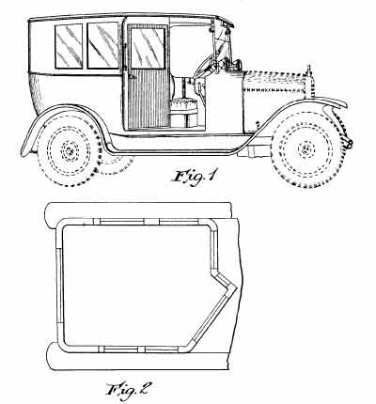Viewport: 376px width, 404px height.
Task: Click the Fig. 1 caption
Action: pyautogui.click(x=194, y=178)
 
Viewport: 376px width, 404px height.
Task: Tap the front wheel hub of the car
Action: pyautogui.click(x=305, y=149)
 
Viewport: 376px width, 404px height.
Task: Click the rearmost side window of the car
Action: pyautogui.click(x=69, y=46)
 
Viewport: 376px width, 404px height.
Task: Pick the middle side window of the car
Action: pyautogui.click(x=103, y=45)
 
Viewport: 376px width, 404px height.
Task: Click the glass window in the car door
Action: pyautogui.click(x=148, y=48)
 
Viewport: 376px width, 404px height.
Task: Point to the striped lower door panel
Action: pyautogui.click(x=149, y=99)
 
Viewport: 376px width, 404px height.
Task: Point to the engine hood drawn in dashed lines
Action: pyautogui.click(x=274, y=86)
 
